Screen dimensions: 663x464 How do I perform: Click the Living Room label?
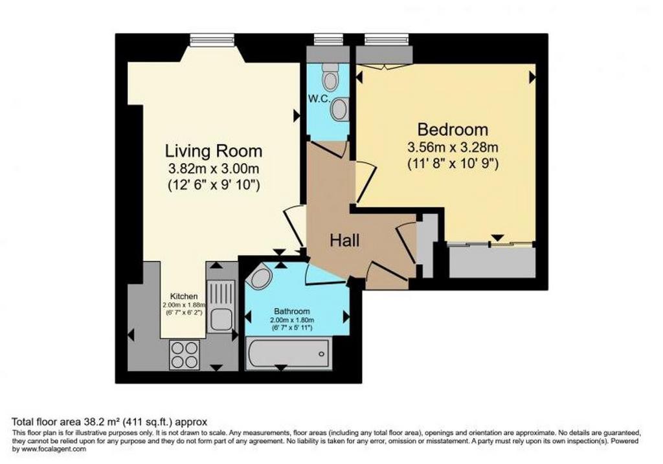coord(214,151)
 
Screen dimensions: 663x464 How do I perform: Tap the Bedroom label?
coord(453,129)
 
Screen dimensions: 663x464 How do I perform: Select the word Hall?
coord(344,241)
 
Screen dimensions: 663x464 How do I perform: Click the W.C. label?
coord(319,99)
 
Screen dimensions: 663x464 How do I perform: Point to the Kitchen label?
coord(184,296)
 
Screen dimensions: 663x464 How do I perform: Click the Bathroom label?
coord(292,311)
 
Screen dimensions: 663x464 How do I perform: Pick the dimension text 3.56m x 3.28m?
coord(453,148)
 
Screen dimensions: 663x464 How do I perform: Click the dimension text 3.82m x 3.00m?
coord(214,169)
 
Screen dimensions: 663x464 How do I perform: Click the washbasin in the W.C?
coord(339,109)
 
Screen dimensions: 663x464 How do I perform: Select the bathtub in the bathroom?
coord(288,353)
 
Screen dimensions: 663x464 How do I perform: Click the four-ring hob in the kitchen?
coord(185,355)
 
